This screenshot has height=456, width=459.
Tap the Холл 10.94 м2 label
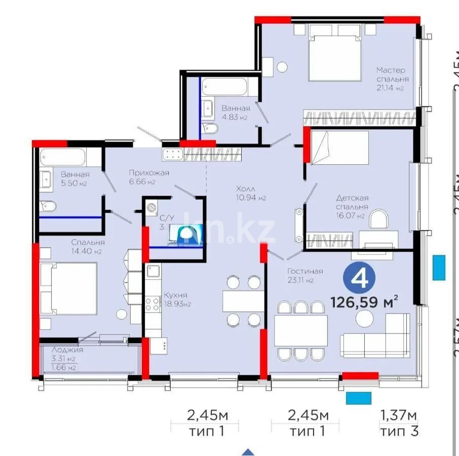(x=251, y=193)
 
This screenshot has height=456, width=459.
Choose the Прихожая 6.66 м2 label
(x=148, y=177)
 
